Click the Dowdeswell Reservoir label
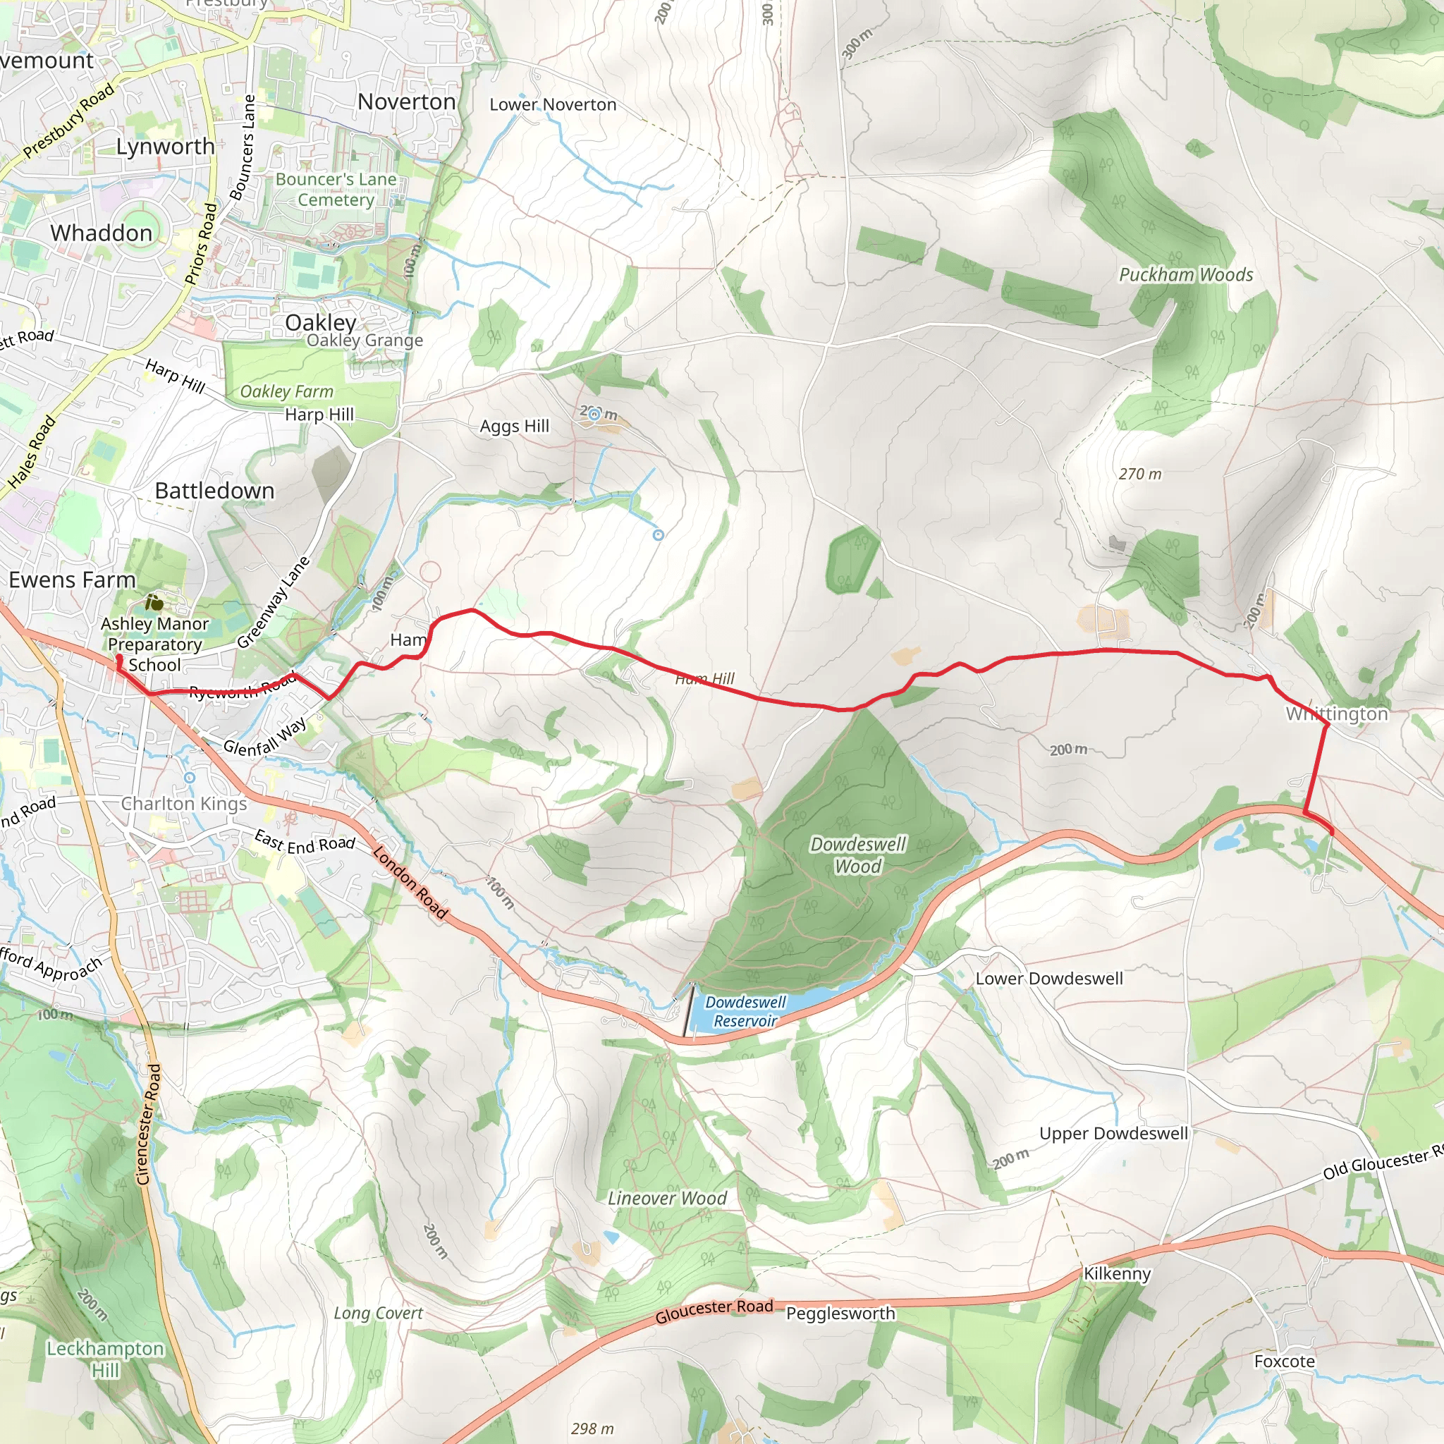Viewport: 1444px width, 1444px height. pos(745,1011)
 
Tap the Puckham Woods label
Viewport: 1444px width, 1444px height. pos(1185,275)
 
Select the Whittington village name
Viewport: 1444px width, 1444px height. pos(1336,714)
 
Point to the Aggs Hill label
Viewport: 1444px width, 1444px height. pos(514,426)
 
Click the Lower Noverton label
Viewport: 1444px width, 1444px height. pos(552,104)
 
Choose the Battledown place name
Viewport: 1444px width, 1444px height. pos(214,490)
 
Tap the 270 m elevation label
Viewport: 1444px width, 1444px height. pos(1140,474)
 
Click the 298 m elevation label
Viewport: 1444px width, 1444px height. pos(592,1428)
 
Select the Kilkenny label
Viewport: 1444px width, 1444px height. pos(1117,1273)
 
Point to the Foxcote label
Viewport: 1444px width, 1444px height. pos(1284,1361)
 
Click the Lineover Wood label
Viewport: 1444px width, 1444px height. pos(667,1198)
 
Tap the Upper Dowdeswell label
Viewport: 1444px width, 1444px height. pos(1113,1133)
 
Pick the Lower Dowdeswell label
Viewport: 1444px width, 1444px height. pos(1048,979)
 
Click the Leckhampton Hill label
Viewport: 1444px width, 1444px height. pos(105,1359)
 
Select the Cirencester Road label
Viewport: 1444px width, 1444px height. pos(148,1125)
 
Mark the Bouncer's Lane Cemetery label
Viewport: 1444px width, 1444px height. pos(336,189)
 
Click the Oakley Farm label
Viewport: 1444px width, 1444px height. pos(286,391)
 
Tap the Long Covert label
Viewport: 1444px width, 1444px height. pos(378,1313)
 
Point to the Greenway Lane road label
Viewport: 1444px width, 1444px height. pos(273,602)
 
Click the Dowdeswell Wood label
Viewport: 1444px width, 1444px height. pos(858,855)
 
